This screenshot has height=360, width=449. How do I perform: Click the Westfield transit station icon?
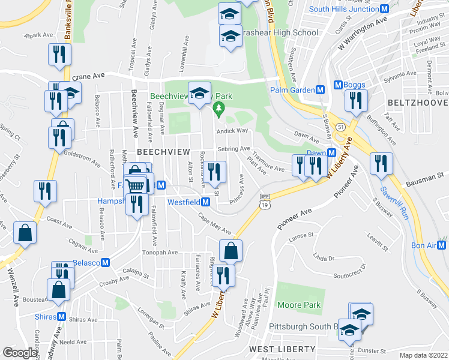pyautogui.click(x=205, y=202)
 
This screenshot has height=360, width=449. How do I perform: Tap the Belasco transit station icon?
pyautogui.click(x=105, y=263)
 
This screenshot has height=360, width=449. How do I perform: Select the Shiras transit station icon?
pyautogui.click(x=61, y=317)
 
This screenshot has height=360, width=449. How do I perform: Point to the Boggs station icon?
pyautogui.click(x=338, y=85)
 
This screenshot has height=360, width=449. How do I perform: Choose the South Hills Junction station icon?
pyautogui.click(x=385, y=9)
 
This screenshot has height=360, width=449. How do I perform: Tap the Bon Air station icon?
pyautogui.click(x=442, y=245)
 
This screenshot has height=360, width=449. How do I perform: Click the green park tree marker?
pyautogui.click(x=218, y=109)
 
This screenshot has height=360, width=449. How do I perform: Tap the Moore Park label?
pyautogui.click(x=299, y=305)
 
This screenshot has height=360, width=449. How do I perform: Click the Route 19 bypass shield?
pyautogui.click(x=265, y=201)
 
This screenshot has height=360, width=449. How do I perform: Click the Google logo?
pyautogui.click(x=20, y=353)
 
